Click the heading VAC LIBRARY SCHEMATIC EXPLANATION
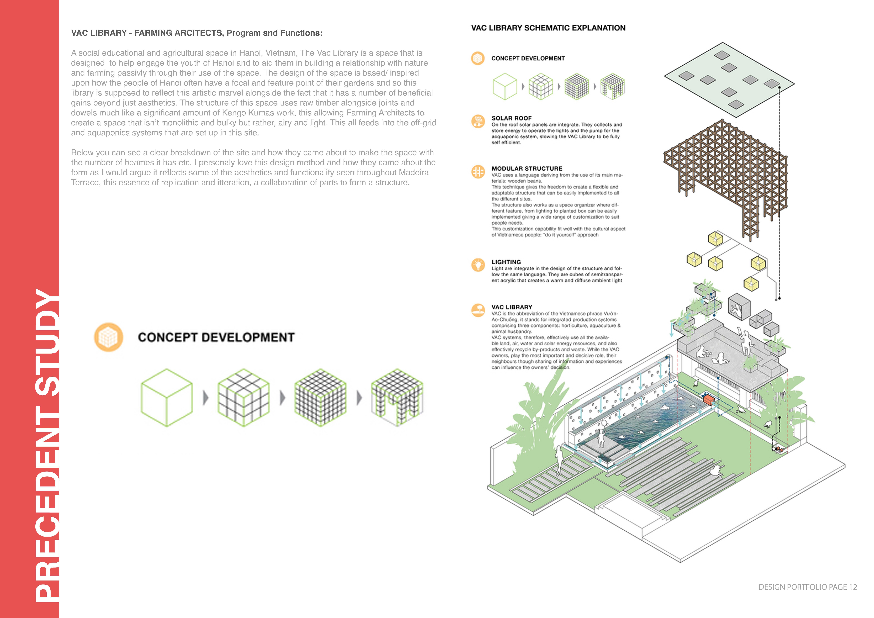pos(548,28)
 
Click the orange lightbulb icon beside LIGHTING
pos(478,265)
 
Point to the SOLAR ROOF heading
pos(511,118)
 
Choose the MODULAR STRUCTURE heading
pos(526,168)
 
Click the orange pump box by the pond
pos(708,399)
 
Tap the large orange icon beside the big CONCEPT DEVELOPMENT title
pos(109,337)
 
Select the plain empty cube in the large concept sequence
pos(167,397)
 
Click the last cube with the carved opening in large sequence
pos(397,397)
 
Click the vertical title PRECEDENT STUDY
pos(48,445)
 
